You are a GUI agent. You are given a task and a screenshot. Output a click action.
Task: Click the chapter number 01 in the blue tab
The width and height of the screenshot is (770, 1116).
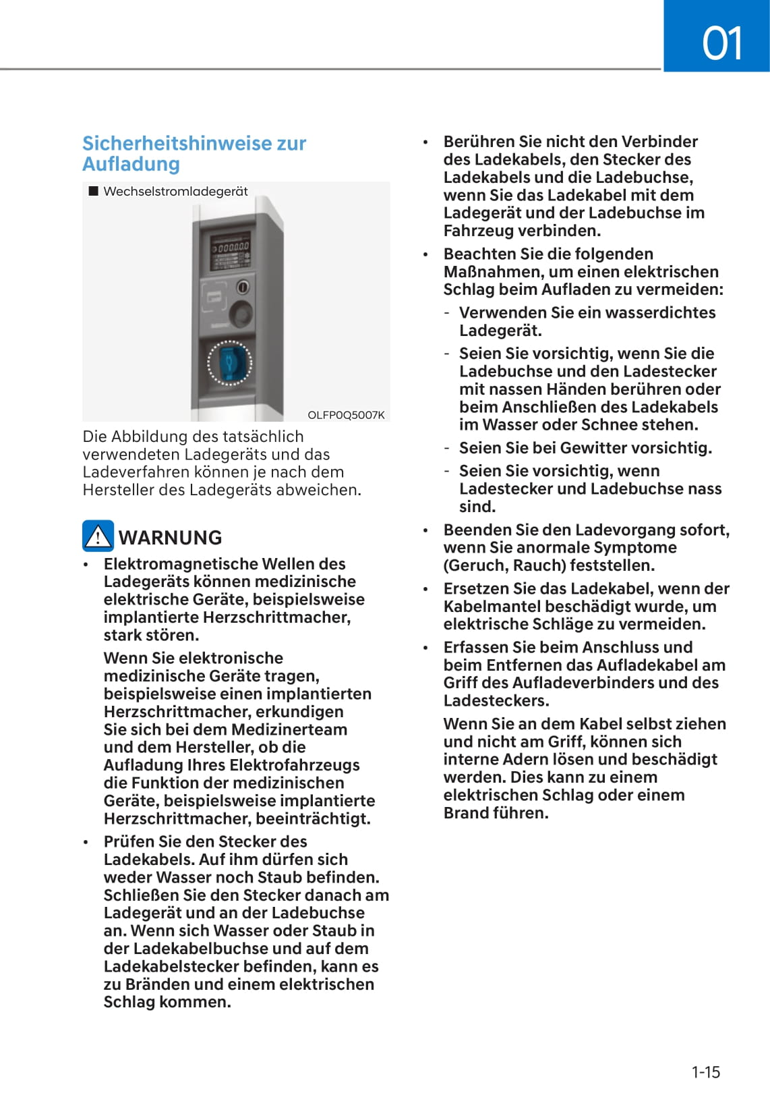(x=722, y=43)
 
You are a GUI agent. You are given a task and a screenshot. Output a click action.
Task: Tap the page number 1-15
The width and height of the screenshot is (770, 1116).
(x=705, y=1071)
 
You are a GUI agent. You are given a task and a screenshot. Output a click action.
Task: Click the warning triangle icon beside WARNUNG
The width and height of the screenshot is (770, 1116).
(x=98, y=536)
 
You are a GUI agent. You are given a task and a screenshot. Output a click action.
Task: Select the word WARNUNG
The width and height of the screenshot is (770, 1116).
(x=171, y=538)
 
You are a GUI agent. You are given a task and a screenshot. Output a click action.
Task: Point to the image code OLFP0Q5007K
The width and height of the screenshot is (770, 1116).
(x=346, y=415)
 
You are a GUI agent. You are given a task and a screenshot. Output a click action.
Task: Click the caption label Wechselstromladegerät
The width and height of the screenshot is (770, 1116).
(x=175, y=192)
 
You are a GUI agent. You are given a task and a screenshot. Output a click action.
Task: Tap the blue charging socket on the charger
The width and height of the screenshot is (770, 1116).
(x=229, y=362)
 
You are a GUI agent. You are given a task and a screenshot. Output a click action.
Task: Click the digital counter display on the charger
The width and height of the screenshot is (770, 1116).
(x=231, y=248)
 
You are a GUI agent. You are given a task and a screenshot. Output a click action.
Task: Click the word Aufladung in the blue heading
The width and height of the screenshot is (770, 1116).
(x=131, y=164)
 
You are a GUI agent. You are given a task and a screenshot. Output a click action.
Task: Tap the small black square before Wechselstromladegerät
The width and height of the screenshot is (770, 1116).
(x=94, y=192)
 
